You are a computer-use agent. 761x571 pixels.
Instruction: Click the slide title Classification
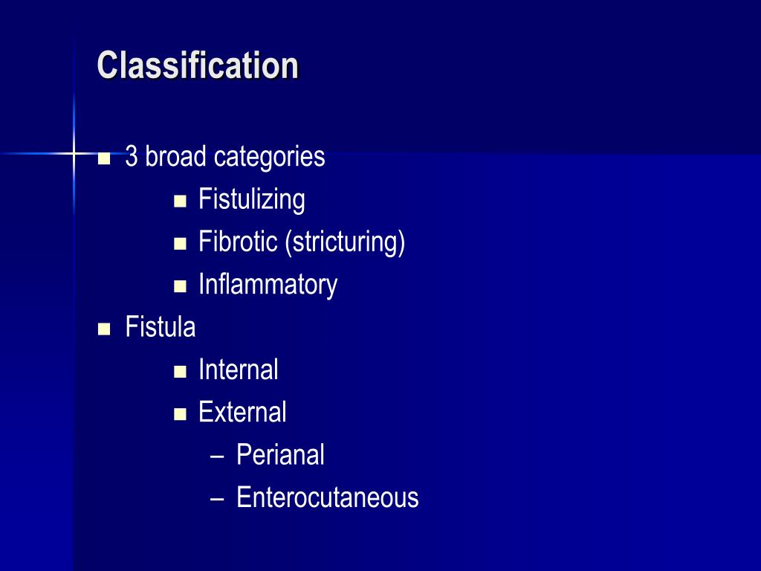(x=198, y=65)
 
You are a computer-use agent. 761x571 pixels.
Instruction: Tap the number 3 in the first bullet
(x=132, y=157)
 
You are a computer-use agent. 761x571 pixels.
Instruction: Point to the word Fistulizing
(x=251, y=200)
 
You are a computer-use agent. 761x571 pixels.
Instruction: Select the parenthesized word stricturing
(x=344, y=243)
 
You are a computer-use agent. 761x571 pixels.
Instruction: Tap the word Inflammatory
(x=268, y=285)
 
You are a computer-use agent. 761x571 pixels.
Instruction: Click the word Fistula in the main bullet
(x=161, y=327)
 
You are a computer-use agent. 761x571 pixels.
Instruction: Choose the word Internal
(x=238, y=370)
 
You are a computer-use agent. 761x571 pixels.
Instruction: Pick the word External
(x=242, y=412)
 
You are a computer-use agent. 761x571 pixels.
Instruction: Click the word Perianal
(x=280, y=455)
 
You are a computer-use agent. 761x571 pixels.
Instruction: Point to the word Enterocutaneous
(x=327, y=497)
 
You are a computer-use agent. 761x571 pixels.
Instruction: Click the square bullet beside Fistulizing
(x=179, y=201)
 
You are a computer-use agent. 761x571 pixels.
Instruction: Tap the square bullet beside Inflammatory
(x=179, y=285)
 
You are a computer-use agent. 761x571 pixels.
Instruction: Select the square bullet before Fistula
(x=104, y=328)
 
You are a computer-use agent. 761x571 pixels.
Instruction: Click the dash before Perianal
(x=217, y=456)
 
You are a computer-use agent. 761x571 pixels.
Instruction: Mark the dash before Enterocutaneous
(x=217, y=498)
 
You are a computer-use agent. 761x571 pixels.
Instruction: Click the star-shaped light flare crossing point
(x=74, y=153)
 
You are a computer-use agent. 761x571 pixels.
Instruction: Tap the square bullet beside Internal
(x=179, y=370)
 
